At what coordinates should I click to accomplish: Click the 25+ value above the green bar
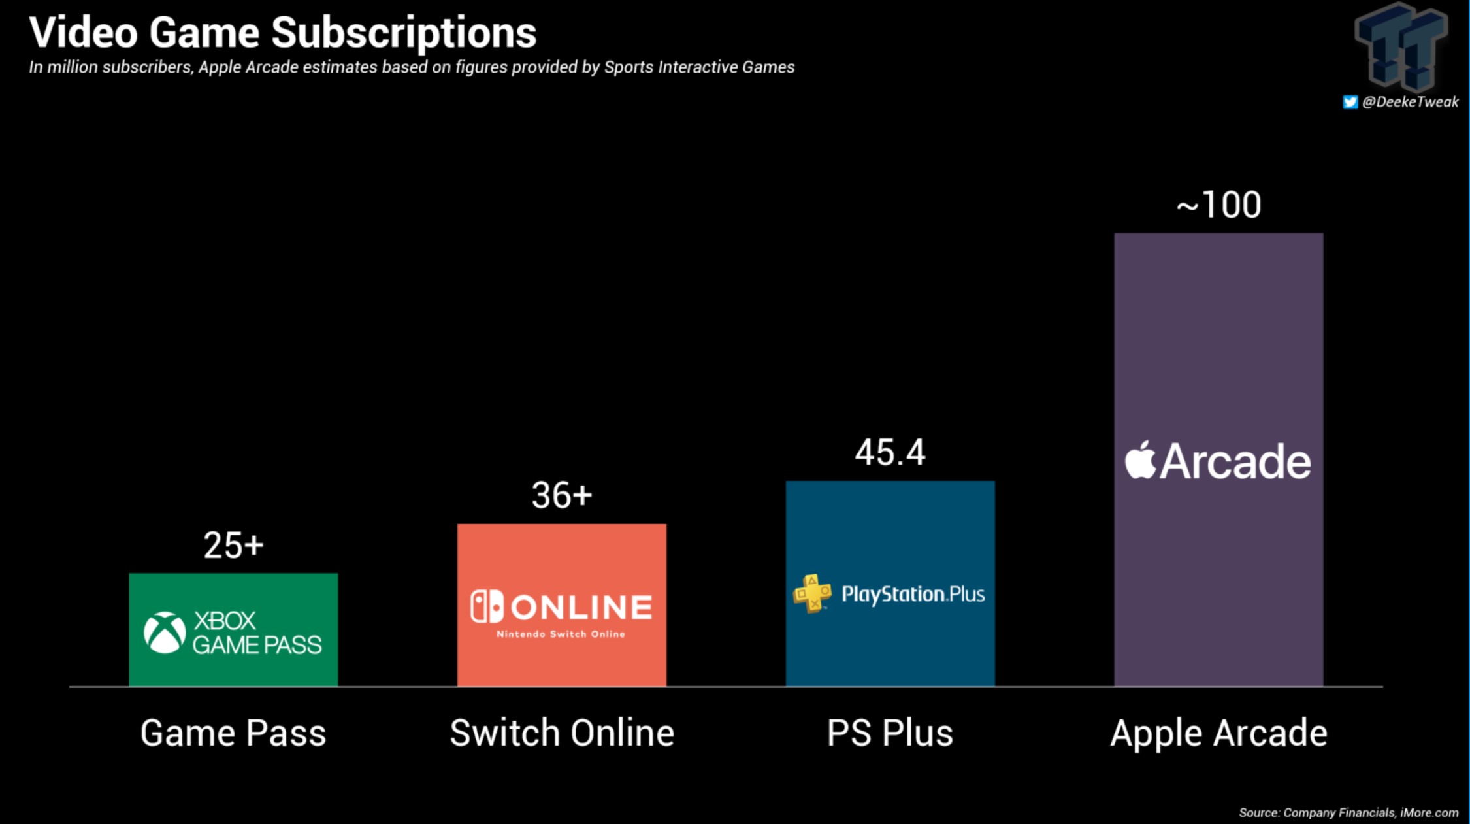[x=233, y=545]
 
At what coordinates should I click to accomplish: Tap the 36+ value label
[x=561, y=495]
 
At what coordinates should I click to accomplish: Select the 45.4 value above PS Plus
[x=890, y=452]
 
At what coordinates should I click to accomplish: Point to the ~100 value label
[x=1218, y=205]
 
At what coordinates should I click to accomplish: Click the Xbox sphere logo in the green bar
[x=165, y=633]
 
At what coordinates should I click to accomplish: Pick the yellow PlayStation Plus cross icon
[x=812, y=593]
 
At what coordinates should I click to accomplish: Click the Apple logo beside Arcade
[x=1140, y=461]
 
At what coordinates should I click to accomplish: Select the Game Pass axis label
[x=233, y=733]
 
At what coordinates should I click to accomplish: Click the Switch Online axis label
[x=562, y=733]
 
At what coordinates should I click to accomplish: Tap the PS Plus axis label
[x=890, y=733]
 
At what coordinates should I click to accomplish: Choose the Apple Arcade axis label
[x=1218, y=733]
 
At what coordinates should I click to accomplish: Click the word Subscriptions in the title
[x=403, y=33]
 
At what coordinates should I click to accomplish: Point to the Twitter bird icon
[x=1350, y=102]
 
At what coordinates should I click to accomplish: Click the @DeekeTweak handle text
[x=1410, y=102]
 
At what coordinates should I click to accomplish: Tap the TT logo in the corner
[x=1401, y=46]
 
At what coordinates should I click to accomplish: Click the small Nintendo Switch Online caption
[x=561, y=634]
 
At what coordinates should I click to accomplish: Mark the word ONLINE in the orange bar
[x=581, y=607]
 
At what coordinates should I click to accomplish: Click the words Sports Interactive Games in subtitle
[x=699, y=67]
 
